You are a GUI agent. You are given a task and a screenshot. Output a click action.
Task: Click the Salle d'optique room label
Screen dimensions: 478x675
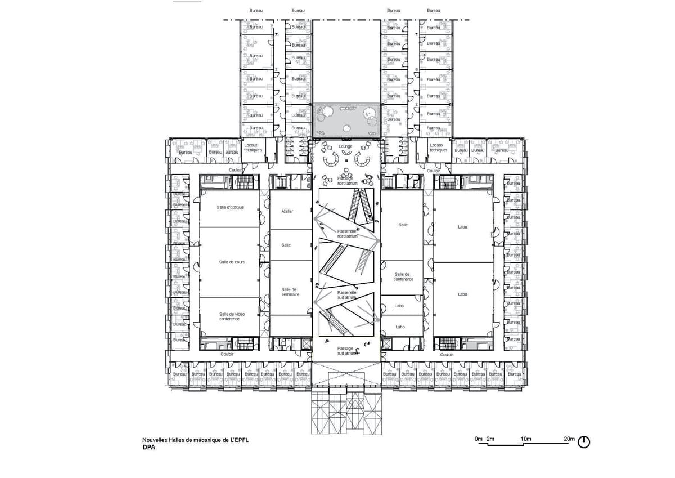click(230, 207)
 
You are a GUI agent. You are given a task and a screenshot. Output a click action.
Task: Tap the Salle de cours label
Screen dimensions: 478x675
click(232, 262)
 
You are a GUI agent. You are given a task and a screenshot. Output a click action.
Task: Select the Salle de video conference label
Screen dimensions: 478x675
click(229, 316)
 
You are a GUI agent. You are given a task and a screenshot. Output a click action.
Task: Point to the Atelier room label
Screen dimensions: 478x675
click(287, 211)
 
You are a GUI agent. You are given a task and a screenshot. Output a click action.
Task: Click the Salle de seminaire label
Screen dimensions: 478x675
click(290, 292)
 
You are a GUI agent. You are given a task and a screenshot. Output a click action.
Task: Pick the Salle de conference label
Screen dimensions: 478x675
click(403, 276)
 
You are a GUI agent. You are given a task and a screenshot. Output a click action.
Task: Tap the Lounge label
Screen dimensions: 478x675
click(345, 146)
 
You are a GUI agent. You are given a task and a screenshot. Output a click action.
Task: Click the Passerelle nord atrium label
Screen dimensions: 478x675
click(347, 234)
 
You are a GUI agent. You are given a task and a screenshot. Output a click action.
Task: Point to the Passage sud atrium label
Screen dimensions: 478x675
click(345, 351)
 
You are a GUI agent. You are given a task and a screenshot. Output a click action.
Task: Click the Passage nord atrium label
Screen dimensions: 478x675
click(345, 181)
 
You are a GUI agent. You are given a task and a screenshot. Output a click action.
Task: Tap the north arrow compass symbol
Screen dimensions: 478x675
click(584, 442)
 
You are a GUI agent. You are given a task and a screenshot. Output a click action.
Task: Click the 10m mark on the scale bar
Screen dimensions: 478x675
click(526, 439)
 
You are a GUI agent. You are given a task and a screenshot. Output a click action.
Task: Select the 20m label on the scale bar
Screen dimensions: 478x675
click(569, 439)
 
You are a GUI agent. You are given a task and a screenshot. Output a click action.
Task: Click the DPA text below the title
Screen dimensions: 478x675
click(149, 449)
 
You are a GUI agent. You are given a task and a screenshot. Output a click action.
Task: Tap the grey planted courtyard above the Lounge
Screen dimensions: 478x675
click(345, 118)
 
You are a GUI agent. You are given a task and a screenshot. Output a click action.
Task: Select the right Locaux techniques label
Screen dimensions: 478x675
click(438, 148)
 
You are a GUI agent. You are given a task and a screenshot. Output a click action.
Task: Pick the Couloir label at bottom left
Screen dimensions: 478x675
click(227, 354)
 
